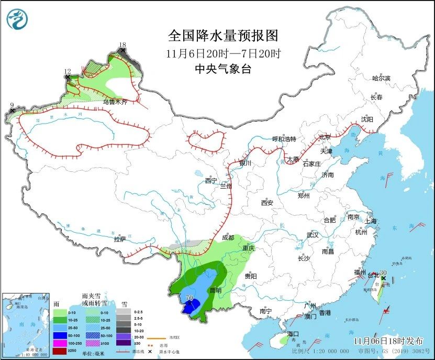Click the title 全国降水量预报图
222,36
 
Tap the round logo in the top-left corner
17,19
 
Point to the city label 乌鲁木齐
115,103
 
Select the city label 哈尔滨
381,78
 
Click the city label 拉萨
119,239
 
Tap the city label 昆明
215,290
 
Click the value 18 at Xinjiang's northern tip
122,45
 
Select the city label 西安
267,203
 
